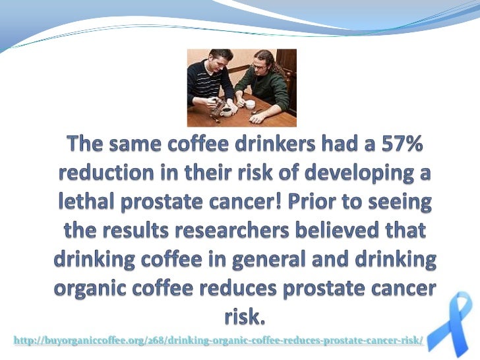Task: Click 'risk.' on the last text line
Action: click(x=244, y=318)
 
